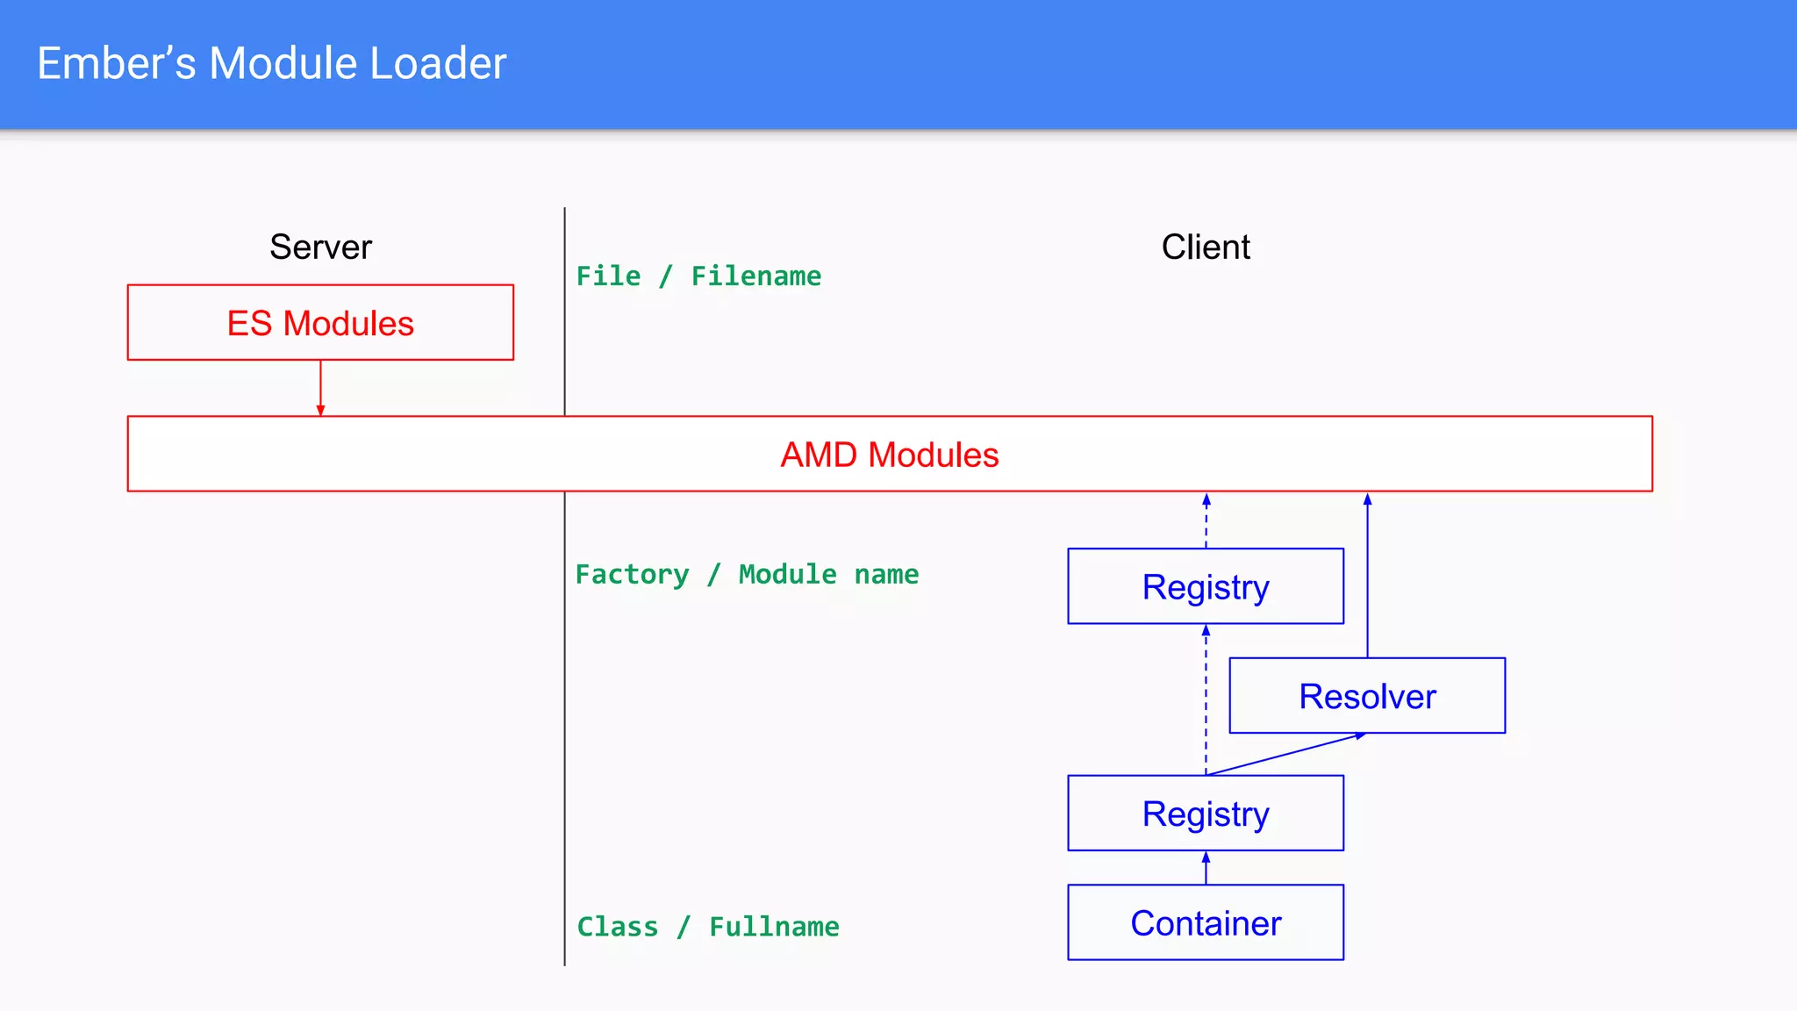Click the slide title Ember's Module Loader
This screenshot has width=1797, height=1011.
(271, 63)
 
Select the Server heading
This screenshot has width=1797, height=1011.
(320, 247)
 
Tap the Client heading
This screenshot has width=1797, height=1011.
(1206, 247)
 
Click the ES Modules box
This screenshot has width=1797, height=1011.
(320, 323)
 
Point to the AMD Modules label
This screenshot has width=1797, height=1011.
(889, 455)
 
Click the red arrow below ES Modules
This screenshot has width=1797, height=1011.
(320, 387)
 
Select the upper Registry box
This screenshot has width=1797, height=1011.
(1206, 586)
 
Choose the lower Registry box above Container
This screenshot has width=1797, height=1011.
(1206, 814)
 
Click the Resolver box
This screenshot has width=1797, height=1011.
(1367, 696)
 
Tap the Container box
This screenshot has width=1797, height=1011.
(1206, 923)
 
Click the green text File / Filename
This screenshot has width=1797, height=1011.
(698, 276)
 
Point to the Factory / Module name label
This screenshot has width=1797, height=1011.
(747, 575)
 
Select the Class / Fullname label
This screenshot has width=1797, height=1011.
(707, 927)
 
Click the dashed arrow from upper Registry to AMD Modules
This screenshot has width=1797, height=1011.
(1206, 521)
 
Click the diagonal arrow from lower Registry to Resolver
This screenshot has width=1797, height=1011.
(1286, 754)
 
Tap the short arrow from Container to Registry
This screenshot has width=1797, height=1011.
(1206, 868)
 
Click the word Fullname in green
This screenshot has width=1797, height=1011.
(774, 927)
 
